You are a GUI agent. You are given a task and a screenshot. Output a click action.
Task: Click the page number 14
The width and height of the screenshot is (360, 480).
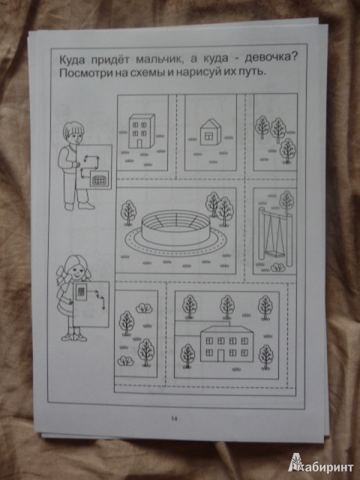point(174,419)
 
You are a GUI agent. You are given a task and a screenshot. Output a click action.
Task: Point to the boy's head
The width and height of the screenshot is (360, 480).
point(73,133)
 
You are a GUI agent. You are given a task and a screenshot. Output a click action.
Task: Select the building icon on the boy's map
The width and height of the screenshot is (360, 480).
point(99,179)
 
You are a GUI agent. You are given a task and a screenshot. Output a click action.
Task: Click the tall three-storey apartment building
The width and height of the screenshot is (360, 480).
point(142,131)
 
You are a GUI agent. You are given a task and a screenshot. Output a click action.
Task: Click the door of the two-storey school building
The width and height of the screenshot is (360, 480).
point(221,355)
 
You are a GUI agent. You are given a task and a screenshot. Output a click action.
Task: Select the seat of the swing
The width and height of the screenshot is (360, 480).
point(275,254)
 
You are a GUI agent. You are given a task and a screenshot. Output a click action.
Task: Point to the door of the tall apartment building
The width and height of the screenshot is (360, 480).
point(140,143)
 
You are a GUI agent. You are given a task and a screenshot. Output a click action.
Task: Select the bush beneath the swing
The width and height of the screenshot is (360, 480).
point(278,267)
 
